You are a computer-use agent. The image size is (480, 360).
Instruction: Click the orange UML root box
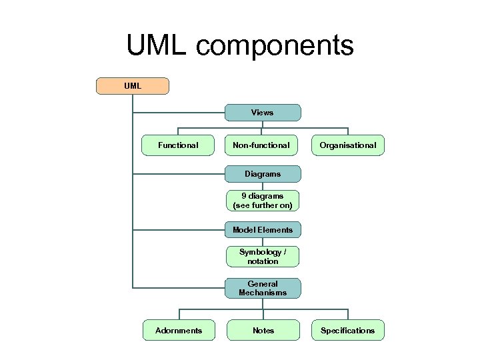point(133,86)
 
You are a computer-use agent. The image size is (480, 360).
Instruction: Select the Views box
point(262,113)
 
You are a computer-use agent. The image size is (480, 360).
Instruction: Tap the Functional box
point(178,145)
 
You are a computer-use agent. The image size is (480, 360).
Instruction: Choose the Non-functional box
point(261,145)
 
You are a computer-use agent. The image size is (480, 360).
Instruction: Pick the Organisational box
point(347,145)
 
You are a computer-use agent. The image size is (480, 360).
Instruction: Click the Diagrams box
point(262,174)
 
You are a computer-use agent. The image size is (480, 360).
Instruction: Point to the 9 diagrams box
point(262,201)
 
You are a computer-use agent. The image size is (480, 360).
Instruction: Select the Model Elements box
point(262,230)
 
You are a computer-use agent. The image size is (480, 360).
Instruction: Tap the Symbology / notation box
point(262,257)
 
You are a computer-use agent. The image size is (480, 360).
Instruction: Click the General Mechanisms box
point(262,288)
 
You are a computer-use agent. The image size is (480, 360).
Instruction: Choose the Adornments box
point(178,330)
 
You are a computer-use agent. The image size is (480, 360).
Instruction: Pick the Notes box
point(263,330)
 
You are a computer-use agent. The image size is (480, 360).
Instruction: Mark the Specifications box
point(347,330)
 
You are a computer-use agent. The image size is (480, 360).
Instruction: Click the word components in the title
point(275,46)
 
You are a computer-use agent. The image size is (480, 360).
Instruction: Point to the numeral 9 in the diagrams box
point(244,196)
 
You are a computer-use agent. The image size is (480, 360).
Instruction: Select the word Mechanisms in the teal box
point(263,293)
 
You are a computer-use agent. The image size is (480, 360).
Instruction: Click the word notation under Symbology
point(263,261)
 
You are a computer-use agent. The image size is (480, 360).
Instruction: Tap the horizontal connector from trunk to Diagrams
point(179,174)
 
